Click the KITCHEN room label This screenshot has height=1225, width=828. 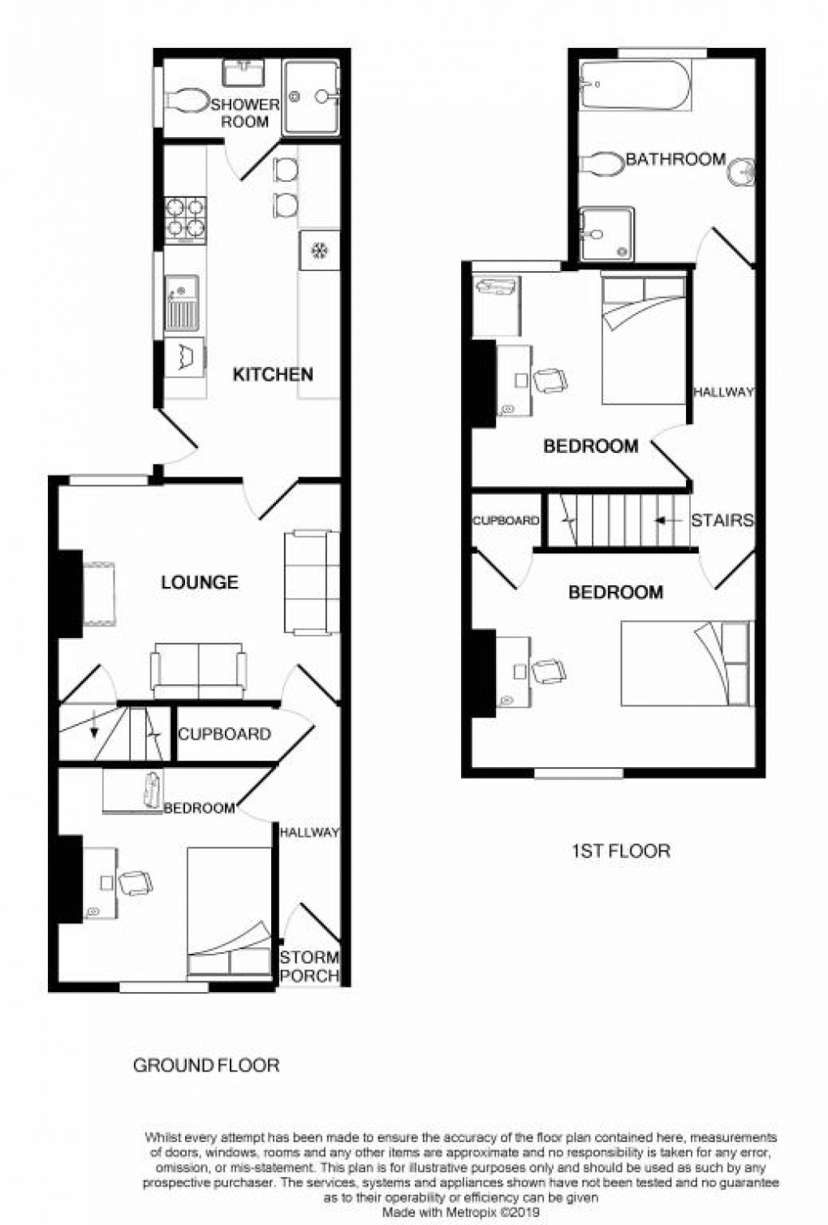(273, 374)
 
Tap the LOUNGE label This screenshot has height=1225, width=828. (200, 582)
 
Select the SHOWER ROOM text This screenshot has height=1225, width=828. (245, 113)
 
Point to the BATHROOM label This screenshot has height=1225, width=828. (675, 159)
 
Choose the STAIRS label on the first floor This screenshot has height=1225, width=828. (722, 520)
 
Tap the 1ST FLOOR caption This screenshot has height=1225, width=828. (621, 851)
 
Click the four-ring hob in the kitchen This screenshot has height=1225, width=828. (185, 220)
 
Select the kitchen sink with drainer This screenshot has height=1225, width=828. (182, 304)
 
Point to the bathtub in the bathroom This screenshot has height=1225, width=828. (635, 85)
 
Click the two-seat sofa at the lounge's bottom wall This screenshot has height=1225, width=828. (199, 671)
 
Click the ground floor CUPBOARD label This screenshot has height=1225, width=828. (224, 734)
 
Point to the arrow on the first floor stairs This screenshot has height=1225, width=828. (668, 520)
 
